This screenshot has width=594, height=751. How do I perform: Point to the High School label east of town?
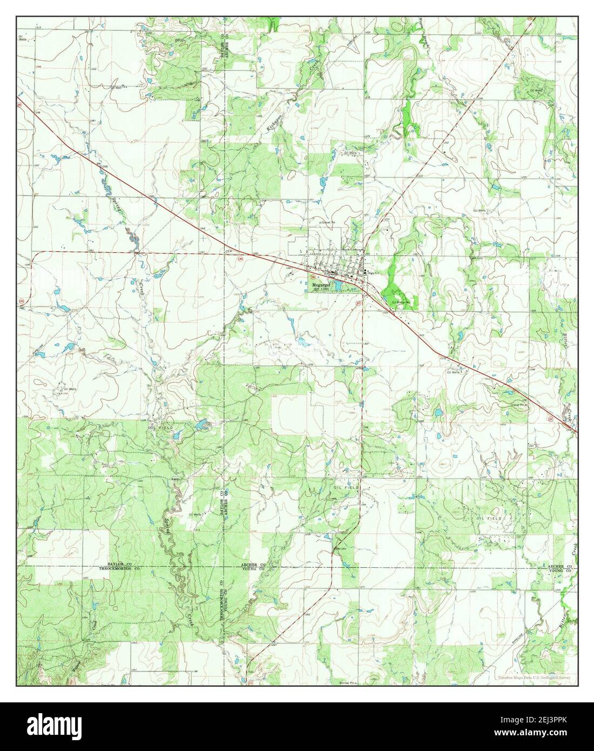point(371,273)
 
